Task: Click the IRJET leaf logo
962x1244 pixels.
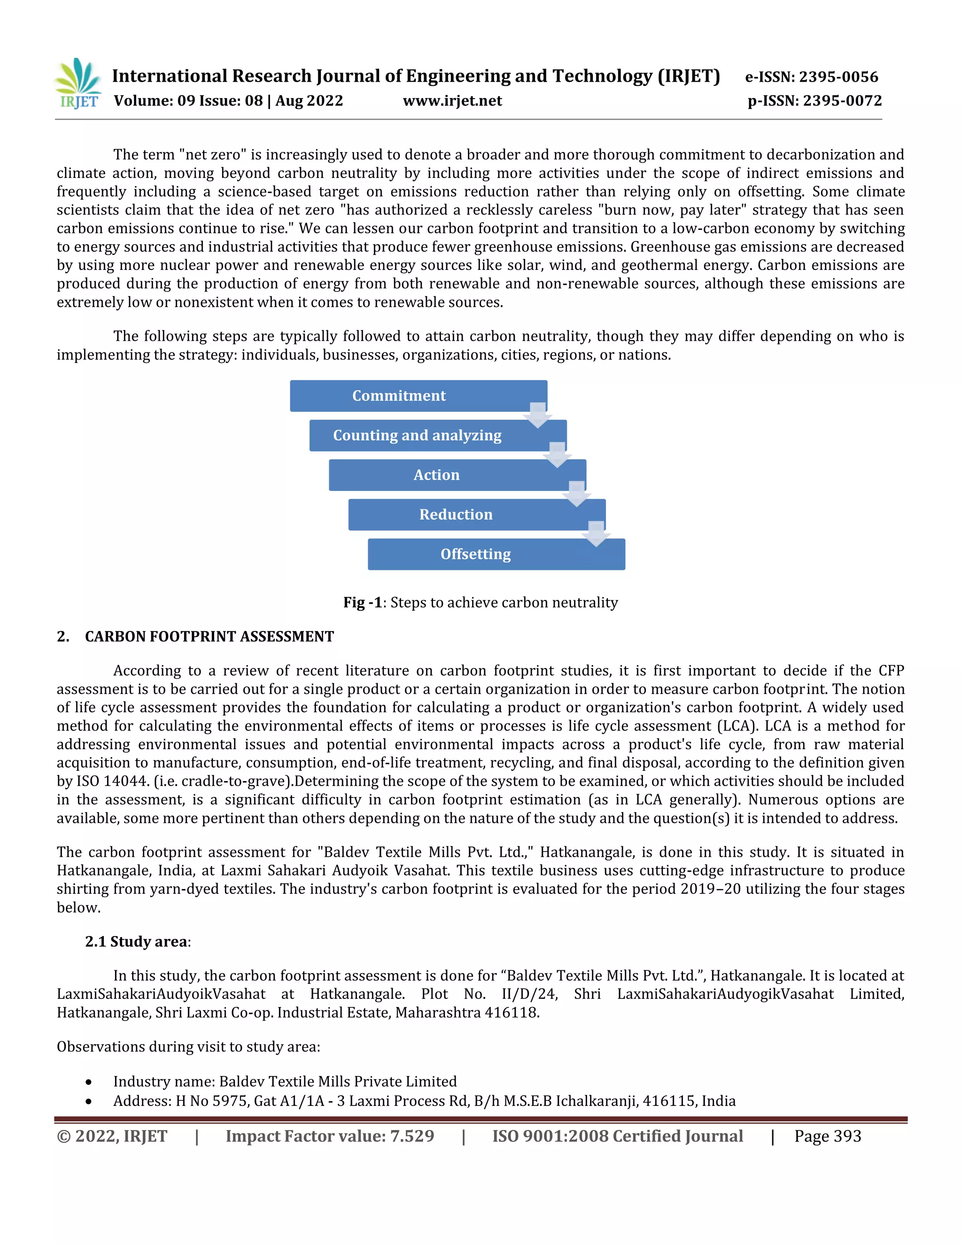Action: click(78, 83)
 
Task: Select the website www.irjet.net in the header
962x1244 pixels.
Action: click(452, 101)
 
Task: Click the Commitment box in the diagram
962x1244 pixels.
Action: click(399, 395)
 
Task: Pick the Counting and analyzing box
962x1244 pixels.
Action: click(417, 435)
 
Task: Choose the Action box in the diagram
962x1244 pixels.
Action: click(436, 475)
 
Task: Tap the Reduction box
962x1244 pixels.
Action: click(456, 514)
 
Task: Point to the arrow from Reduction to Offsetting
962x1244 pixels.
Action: click(596, 534)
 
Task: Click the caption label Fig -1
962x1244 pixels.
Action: click(363, 602)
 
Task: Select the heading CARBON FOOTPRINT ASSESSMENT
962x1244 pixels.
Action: click(209, 636)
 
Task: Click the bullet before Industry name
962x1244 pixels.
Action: click(88, 1082)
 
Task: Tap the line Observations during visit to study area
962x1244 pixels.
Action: click(188, 1046)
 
